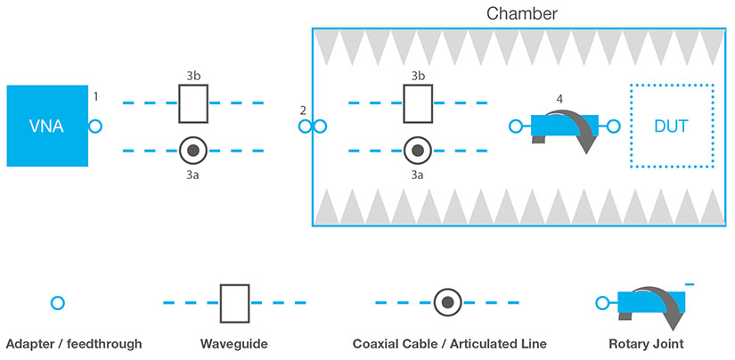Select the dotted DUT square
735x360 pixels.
tap(671, 126)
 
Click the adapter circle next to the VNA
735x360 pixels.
tap(95, 127)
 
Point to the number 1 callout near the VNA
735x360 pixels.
tap(95, 94)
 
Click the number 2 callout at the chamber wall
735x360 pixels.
tap(303, 110)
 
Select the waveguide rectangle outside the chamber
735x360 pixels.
tap(193, 103)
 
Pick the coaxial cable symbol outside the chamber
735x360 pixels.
tap(193, 151)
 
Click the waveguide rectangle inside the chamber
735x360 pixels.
tap(418, 103)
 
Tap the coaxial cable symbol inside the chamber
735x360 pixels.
tap(418, 151)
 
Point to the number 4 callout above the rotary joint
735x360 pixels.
tap(559, 99)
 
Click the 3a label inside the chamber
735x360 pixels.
tap(417, 176)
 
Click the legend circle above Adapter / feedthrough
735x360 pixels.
tap(58, 303)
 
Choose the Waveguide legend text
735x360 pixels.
tap(233, 344)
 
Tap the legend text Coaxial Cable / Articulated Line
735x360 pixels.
tap(449, 344)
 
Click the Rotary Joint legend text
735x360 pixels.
tap(647, 344)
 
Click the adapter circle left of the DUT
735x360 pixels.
tap(515, 127)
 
